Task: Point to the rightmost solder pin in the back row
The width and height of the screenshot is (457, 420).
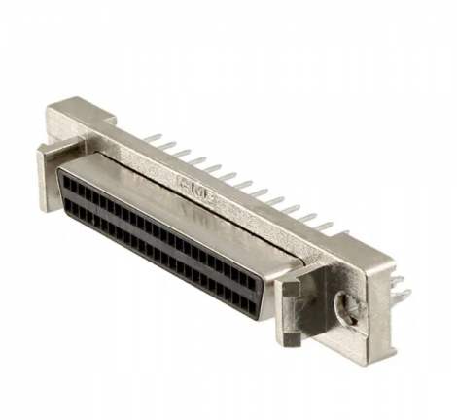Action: [346, 227]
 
